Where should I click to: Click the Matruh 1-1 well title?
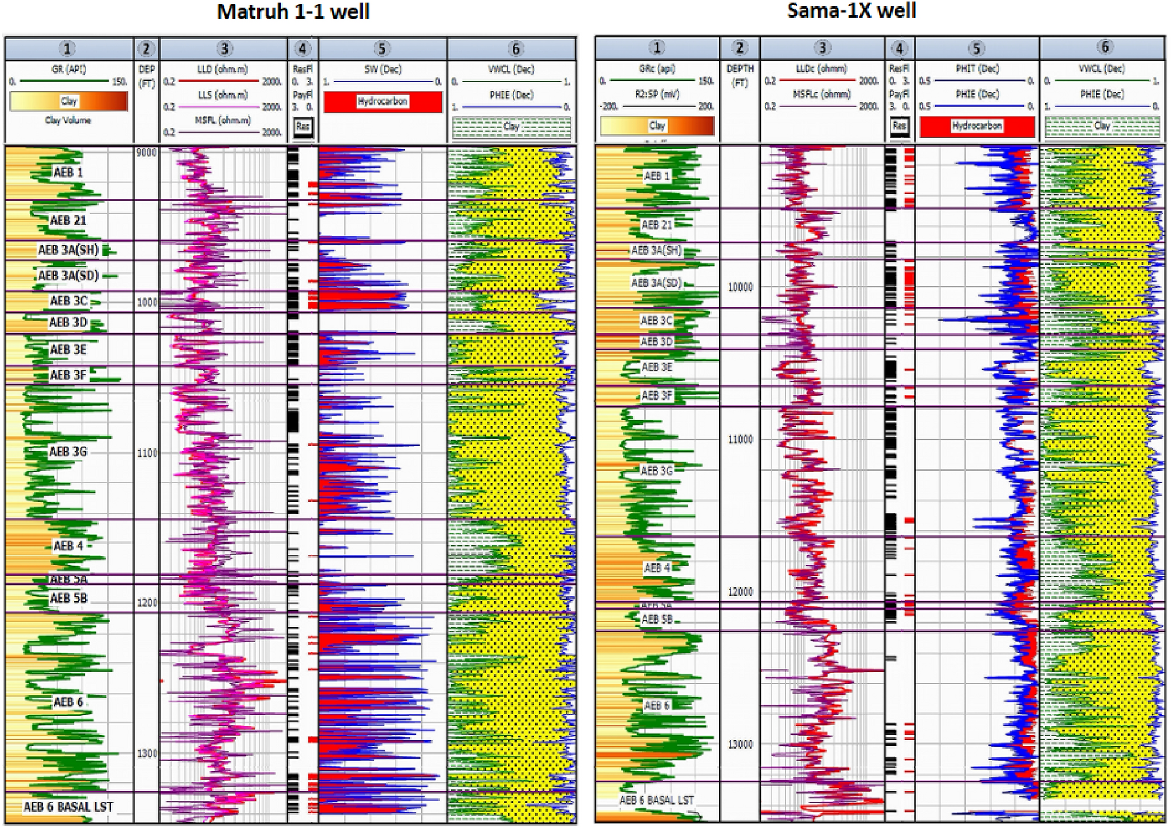pos(293,12)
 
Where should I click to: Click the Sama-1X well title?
pos(851,11)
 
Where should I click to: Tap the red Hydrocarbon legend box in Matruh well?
pos(383,102)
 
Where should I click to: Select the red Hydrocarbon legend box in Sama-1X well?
pos(977,126)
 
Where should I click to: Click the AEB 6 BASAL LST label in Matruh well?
pos(68,807)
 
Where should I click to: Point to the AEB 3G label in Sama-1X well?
pos(657,471)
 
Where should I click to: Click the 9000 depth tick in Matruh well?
pos(147,153)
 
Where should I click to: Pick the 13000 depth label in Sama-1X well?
pos(740,744)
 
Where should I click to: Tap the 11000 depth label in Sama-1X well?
pos(740,440)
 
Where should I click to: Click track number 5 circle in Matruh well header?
pos(382,49)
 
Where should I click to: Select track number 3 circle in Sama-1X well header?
pos(822,48)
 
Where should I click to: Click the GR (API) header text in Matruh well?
pos(69,69)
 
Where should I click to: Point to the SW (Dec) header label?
pos(383,69)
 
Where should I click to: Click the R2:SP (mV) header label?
pos(657,94)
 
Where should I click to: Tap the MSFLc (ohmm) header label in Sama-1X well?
pos(821,94)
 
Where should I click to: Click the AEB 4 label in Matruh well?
pos(68,546)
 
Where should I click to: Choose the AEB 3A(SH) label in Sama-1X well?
pos(657,251)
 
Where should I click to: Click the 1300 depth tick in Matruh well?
pos(147,753)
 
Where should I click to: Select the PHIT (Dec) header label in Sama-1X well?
pos(977,69)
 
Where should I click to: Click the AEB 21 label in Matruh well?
pos(68,221)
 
